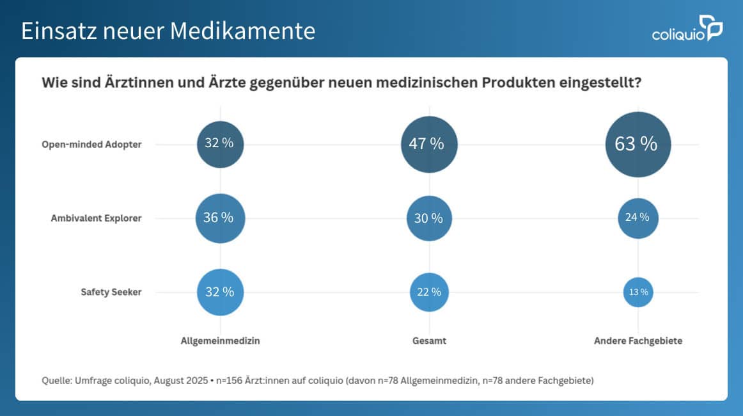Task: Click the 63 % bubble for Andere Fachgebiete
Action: [638, 144]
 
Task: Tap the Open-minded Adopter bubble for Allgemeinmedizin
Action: [220, 144]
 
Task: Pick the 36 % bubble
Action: [220, 218]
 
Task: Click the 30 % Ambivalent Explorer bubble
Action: [429, 218]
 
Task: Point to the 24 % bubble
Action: [637, 218]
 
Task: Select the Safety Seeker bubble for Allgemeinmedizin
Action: [220, 292]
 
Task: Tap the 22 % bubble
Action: [429, 292]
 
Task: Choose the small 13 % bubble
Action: [637, 292]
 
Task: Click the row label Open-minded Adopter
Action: [91, 145]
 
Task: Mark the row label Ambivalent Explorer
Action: [96, 218]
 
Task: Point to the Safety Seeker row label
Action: [111, 292]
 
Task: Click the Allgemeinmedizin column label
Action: [220, 341]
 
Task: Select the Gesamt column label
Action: [429, 341]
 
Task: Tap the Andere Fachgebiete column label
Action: [637, 341]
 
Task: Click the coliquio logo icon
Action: [710, 28]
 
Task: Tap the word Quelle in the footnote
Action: [56, 381]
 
